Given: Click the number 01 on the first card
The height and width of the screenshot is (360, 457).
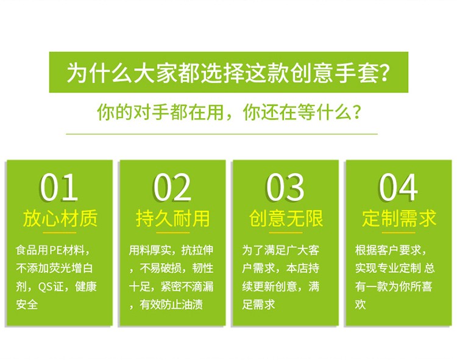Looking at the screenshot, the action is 59,187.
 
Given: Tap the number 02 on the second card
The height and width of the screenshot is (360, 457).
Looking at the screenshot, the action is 172,187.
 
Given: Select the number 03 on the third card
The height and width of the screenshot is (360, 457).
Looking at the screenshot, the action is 285,187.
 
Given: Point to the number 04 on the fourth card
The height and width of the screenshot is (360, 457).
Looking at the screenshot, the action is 398,187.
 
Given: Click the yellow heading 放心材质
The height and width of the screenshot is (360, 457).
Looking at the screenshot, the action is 60,219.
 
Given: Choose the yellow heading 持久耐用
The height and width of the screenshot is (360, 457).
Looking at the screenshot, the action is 173,219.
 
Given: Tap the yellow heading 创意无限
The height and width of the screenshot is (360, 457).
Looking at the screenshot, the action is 286,219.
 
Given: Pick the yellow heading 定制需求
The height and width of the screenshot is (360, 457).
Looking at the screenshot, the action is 399,219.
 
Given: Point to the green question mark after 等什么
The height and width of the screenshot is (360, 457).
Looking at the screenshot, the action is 356,112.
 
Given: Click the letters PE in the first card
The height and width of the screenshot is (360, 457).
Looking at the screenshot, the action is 54,250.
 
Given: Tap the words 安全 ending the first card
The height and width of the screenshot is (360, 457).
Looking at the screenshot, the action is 27,305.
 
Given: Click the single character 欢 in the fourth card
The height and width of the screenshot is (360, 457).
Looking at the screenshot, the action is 360,305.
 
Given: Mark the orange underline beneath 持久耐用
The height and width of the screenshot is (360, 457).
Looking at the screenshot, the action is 173,233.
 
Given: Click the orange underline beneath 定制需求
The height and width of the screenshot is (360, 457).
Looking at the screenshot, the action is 399,233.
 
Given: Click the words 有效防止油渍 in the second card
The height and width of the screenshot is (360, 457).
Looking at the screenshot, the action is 171,305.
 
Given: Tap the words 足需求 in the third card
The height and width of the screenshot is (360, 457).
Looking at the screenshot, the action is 258,305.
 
